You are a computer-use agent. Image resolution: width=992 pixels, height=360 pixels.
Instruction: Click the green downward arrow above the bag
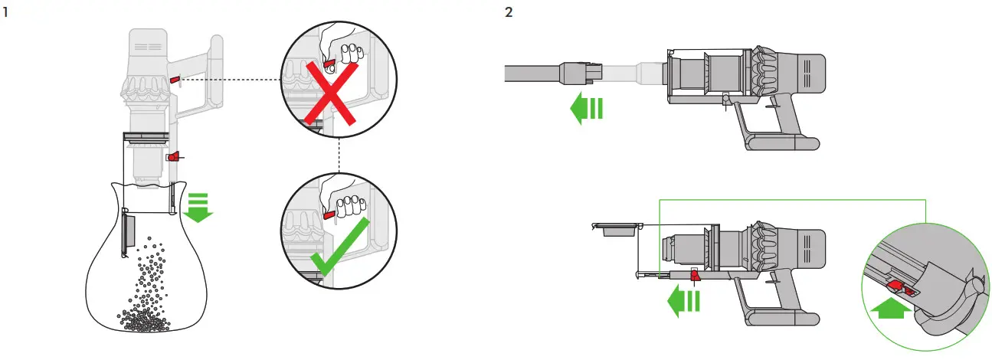198,206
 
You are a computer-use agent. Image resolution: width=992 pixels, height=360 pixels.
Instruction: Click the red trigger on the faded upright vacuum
175,79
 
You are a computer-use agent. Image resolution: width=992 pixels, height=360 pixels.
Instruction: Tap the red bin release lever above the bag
174,156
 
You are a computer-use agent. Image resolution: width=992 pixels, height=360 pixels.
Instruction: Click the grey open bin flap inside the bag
128,234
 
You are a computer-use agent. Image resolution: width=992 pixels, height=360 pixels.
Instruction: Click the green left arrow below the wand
587,109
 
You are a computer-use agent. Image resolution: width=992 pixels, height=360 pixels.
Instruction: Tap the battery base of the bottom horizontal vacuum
781,310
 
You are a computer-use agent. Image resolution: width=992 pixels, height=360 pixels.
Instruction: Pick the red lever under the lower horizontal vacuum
696,274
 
